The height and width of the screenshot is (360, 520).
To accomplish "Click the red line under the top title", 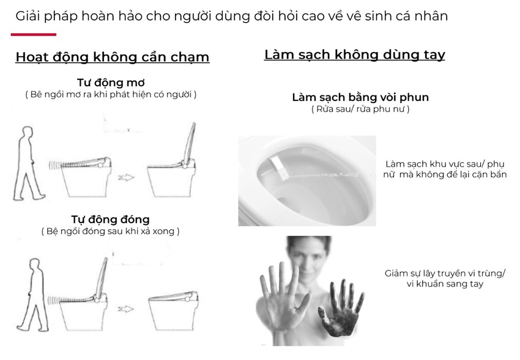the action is click(x=34, y=34).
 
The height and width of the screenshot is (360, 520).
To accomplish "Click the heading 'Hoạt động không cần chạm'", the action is click(x=113, y=57).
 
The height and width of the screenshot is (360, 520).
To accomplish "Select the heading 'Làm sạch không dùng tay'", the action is click(x=354, y=54).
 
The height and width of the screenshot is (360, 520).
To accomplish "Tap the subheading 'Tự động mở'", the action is click(x=111, y=83).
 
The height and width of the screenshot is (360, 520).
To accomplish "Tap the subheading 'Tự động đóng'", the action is click(x=111, y=219).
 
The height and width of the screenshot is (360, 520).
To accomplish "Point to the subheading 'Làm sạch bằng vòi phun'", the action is click(x=360, y=97).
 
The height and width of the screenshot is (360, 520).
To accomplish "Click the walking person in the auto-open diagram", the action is click(x=29, y=163).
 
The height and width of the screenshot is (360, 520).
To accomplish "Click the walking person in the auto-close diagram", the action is click(x=32, y=295).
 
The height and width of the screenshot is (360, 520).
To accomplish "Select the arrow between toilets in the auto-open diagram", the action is click(x=126, y=177).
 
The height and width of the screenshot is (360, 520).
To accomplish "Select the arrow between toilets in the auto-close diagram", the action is click(x=125, y=309).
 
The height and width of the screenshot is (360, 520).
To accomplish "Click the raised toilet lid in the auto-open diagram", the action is click(x=190, y=144).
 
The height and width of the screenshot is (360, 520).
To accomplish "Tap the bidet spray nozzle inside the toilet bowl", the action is click(x=278, y=169).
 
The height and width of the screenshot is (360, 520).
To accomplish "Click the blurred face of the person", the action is click(x=308, y=259).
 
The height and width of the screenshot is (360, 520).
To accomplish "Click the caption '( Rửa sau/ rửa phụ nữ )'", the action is click(x=360, y=109).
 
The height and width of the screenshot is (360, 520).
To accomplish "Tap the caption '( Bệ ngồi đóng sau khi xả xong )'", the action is click(x=111, y=231).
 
